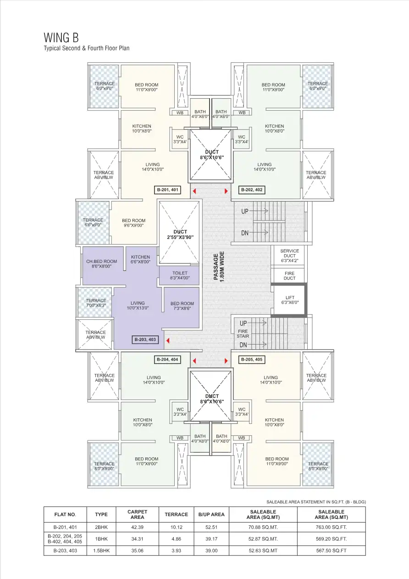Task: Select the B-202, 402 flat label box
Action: pyautogui.click(x=252, y=189)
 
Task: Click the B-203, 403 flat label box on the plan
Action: pyautogui.click(x=145, y=340)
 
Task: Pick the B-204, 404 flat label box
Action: pyautogui.click(x=167, y=360)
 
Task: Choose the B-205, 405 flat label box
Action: pyautogui.click(x=252, y=360)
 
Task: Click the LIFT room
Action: pyautogui.click(x=289, y=300)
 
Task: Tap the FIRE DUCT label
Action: pyautogui.click(x=289, y=276)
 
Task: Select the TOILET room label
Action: pyautogui.click(x=180, y=275)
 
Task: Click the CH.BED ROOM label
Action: pyautogui.click(x=101, y=264)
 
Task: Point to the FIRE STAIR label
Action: pyautogui.click(x=243, y=334)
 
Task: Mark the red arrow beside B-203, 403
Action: pyautogui.click(x=168, y=340)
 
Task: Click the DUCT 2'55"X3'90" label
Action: pyautogui.click(x=180, y=234)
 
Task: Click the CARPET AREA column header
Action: pyautogui.click(x=137, y=515)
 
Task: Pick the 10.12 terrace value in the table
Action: pyautogui.click(x=177, y=527)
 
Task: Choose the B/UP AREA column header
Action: pyautogui.click(x=211, y=515)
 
